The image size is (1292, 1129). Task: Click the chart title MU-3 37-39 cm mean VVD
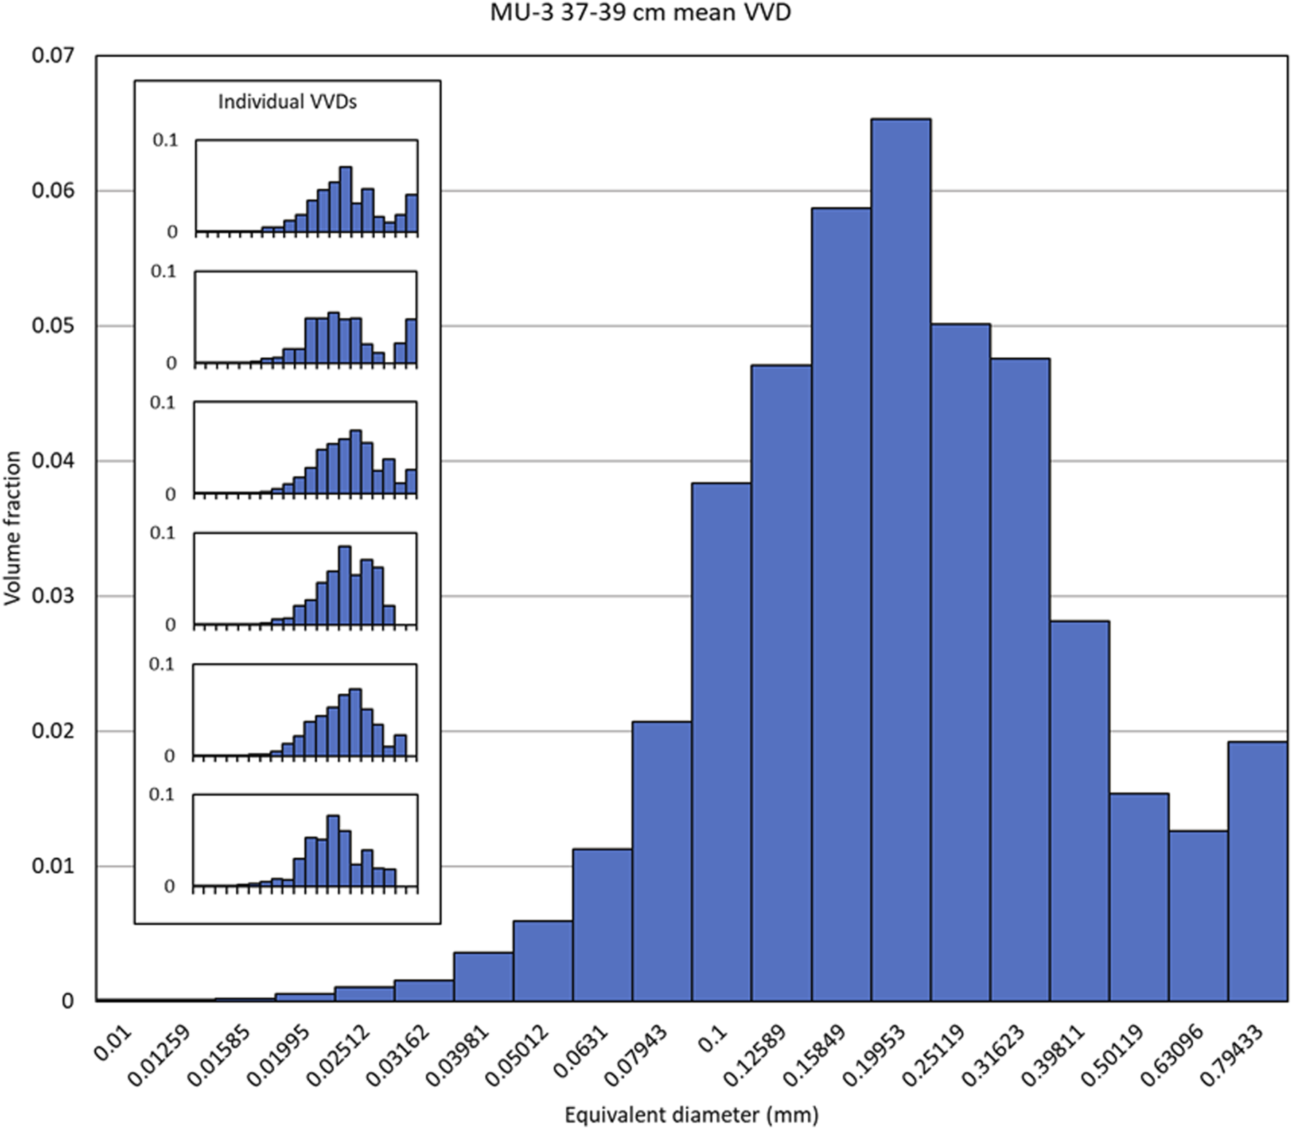[x=640, y=12]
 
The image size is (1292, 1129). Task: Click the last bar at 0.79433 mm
[x=1257, y=871]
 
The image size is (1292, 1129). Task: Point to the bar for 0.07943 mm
[x=661, y=861]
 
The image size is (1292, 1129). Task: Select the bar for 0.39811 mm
[x=1079, y=810]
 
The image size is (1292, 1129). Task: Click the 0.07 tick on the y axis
[x=52, y=55]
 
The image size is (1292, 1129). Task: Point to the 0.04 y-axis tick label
[x=52, y=461]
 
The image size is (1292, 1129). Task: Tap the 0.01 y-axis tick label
[x=52, y=867]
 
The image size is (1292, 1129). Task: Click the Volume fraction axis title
[x=12, y=528]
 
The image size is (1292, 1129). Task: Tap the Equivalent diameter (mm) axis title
[x=691, y=1114]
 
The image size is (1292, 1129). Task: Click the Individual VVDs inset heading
[x=287, y=101]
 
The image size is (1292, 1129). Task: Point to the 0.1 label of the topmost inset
[x=165, y=140]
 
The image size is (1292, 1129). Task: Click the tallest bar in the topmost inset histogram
[x=346, y=200]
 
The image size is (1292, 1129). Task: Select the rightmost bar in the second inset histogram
[x=410, y=341]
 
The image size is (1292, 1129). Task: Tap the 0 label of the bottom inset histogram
[x=169, y=886]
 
